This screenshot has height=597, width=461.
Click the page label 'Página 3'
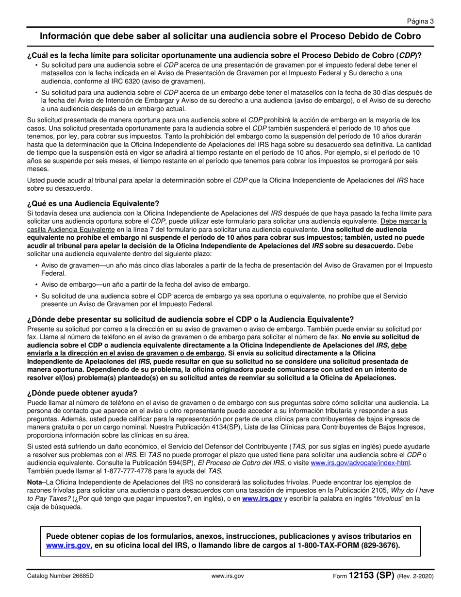click(x=420, y=21)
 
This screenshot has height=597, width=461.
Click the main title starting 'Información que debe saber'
click(x=230, y=36)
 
